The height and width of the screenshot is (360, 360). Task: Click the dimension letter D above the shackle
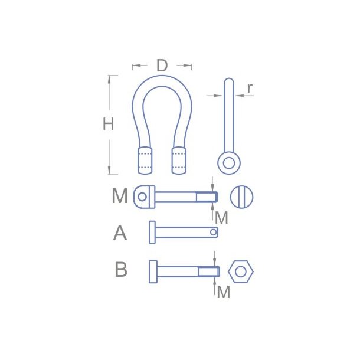[162, 66]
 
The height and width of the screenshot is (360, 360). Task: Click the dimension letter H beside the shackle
[108, 125]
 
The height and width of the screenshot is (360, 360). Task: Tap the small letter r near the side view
[250, 88]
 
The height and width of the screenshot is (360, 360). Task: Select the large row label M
[120, 196]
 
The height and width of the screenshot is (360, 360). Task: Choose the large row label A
[120, 233]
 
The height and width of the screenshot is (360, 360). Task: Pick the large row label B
[120, 270]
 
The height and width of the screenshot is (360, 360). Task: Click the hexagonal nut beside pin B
[240, 271]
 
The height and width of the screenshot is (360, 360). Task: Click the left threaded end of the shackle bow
[145, 159]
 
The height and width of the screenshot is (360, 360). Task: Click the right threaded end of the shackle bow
[180, 159]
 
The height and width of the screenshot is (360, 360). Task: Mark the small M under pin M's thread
[221, 218]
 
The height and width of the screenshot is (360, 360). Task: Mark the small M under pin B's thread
[223, 292]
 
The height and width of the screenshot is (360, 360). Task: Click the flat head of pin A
[152, 232]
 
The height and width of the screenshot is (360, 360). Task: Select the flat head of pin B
[153, 271]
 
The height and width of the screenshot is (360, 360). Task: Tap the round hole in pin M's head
[141, 197]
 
